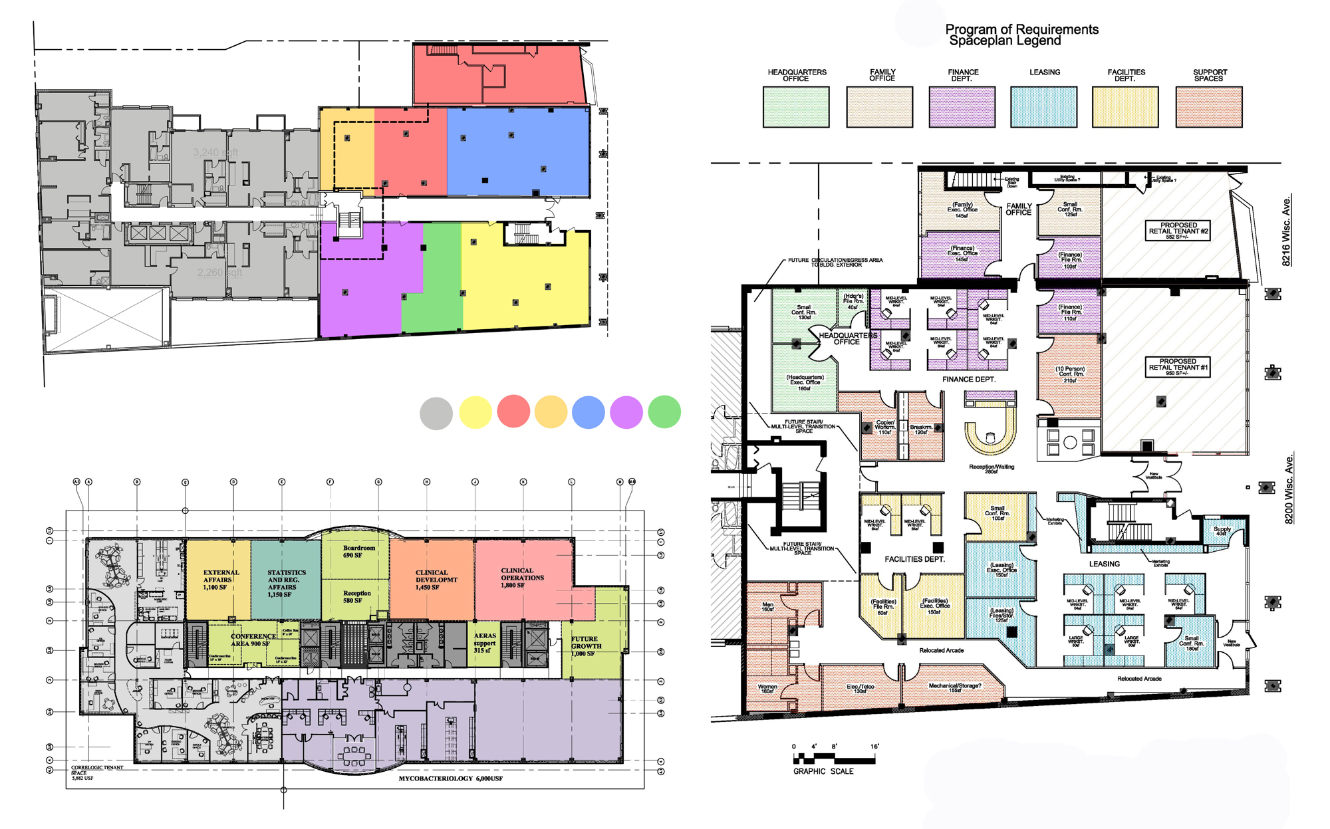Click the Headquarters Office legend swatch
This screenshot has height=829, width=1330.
795,106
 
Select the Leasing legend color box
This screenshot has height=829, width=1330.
1043,106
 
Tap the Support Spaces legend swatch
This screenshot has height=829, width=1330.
1208,106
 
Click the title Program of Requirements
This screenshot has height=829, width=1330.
1021,30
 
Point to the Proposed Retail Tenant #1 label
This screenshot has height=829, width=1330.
1178,366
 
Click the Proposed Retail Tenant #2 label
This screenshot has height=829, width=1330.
1178,230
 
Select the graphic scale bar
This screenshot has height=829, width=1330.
835,759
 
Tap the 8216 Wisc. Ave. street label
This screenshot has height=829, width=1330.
1286,231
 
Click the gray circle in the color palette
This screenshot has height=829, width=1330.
436,413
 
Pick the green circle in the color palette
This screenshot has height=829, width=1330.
664,412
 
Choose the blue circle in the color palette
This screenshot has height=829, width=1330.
588,412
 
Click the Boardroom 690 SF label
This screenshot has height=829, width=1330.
358,551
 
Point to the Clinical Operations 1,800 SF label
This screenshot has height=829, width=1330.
521,577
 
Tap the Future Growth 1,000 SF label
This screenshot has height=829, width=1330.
586,646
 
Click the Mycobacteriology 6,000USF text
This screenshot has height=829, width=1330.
450,778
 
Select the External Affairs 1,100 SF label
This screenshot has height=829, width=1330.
220,579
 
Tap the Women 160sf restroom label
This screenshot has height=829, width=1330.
767,689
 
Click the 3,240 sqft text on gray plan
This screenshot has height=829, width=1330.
215,152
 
